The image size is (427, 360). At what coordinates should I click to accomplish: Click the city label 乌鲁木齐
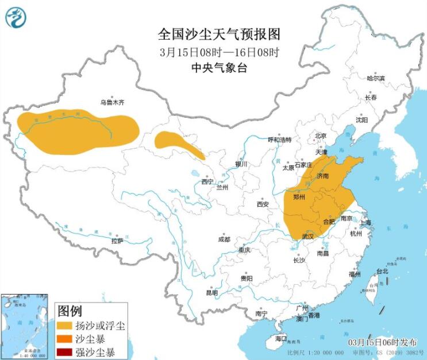111,103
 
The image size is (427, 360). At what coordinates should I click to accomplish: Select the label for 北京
320,136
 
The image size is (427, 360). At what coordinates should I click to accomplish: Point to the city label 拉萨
117,241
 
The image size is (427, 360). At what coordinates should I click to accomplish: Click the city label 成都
224,239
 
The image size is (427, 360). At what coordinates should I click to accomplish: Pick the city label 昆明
211,293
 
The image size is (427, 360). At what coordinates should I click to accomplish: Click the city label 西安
263,204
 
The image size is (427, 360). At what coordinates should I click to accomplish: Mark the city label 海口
280,339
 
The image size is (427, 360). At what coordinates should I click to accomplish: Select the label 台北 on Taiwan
382,271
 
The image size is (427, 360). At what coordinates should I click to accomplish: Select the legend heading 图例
70,311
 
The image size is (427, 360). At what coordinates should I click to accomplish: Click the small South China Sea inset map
24,326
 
